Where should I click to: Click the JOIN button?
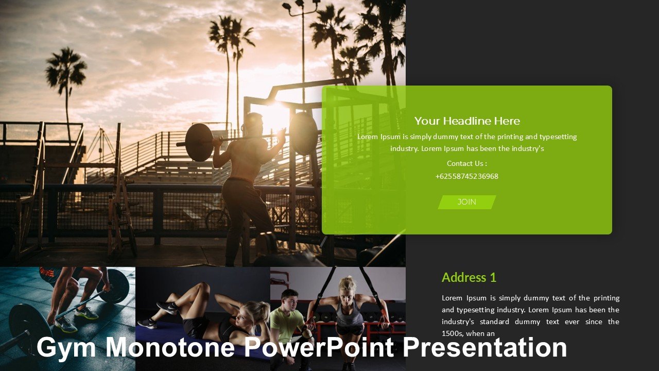coord(467,202)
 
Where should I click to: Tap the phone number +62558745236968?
coord(467,176)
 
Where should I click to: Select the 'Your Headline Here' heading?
coord(467,121)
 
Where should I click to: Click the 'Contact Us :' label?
coord(467,163)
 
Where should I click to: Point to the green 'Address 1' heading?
coord(469,278)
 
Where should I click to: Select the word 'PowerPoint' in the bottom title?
coord(319,347)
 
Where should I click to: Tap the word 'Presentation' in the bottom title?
coord(484,347)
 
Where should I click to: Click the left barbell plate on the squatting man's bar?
coord(199,142)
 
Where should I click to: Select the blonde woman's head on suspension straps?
coord(348,286)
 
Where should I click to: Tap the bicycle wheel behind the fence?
coord(218,220)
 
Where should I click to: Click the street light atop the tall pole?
coord(301,5)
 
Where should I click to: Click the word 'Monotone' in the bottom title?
coord(170,347)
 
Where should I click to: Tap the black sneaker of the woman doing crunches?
coord(167,308)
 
